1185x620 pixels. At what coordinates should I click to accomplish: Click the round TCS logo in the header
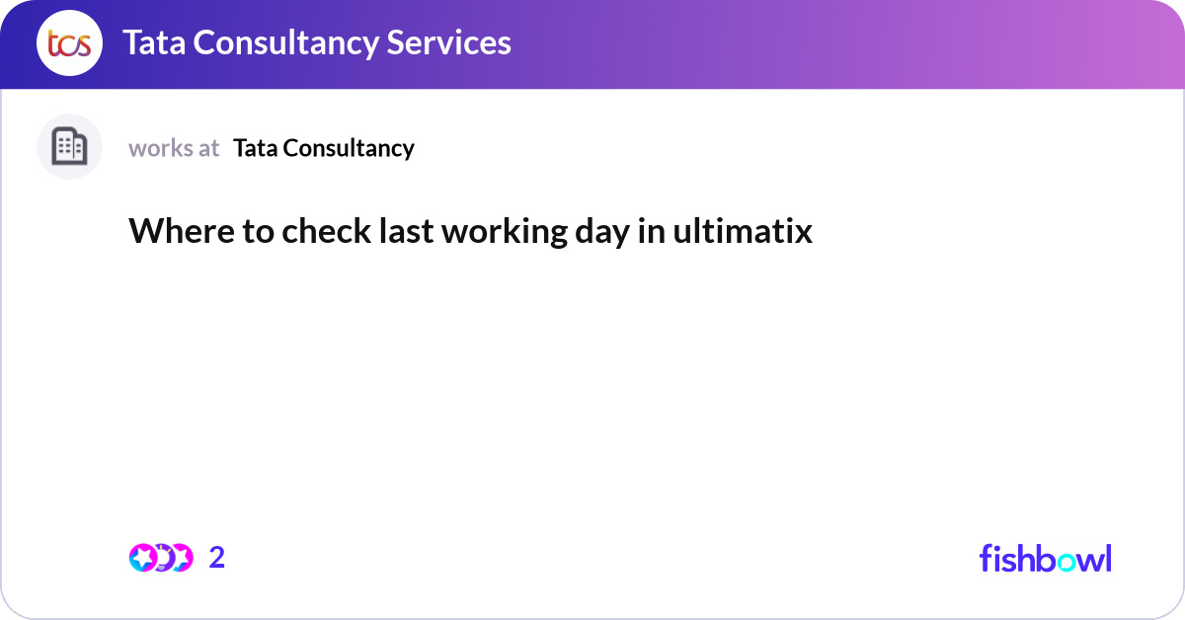69,43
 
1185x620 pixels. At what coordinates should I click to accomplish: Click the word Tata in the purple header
155,42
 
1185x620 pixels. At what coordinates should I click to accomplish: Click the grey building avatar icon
69,147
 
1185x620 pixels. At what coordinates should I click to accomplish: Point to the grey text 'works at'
174,148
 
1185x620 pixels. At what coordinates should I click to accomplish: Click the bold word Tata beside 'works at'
256,148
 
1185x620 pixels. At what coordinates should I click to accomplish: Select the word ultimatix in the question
744,231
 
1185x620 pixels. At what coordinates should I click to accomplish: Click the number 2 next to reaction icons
217,558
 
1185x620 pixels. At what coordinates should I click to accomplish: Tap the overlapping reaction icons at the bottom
161,558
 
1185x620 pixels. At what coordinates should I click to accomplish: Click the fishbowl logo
1045,558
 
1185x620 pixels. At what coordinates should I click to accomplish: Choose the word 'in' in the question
653,231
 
